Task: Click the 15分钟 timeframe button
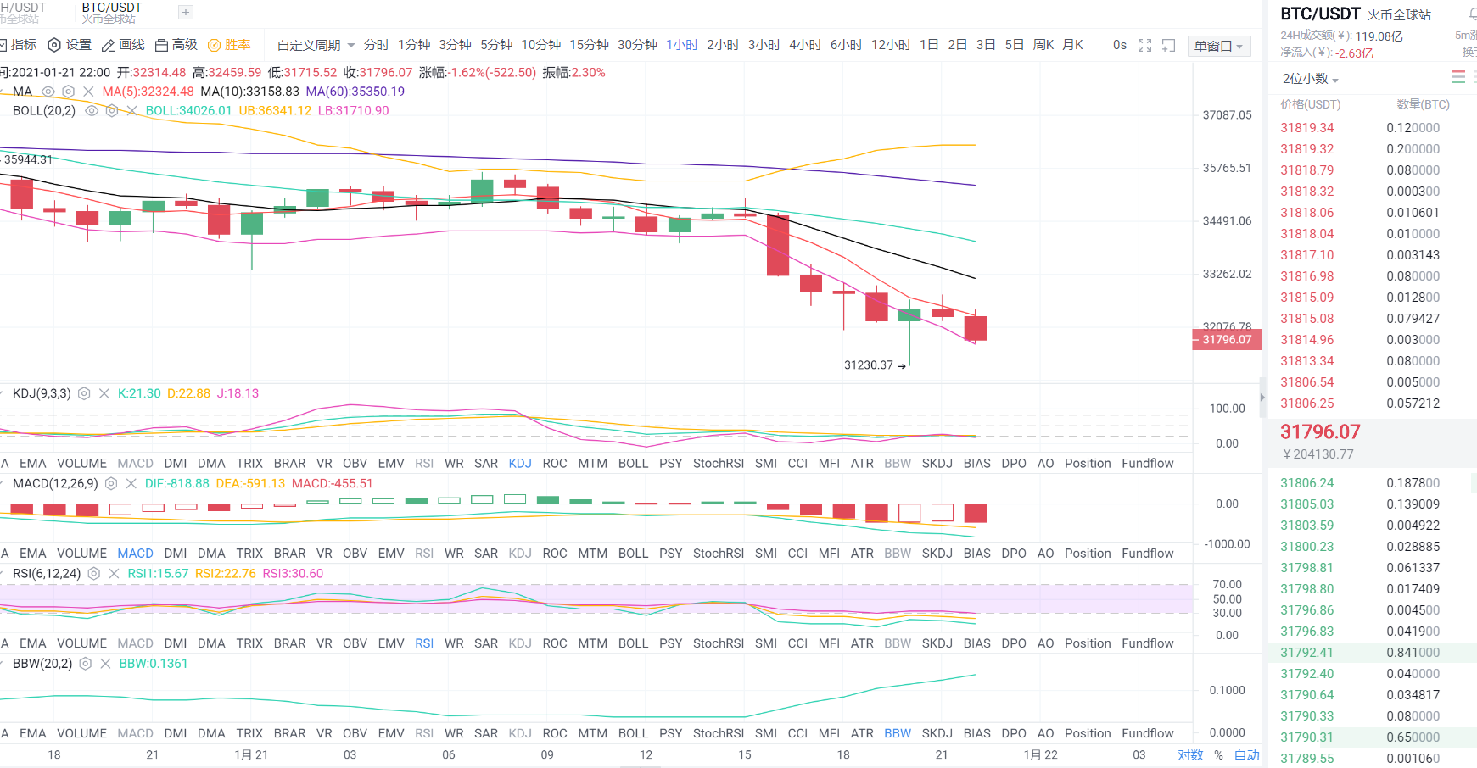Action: (589, 45)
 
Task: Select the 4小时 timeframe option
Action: (805, 45)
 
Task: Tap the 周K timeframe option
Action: (1043, 45)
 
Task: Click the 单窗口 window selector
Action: (1218, 46)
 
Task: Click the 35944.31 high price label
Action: (28, 159)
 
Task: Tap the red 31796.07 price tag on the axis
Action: (1227, 340)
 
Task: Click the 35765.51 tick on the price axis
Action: (1227, 168)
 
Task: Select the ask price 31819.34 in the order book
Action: (1306, 128)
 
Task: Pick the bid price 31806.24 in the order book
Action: (1306, 483)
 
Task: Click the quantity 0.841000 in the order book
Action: (1413, 653)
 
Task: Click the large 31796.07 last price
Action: (1320, 431)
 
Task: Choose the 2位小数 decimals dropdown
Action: (1310, 79)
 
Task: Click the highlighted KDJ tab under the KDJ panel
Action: (520, 464)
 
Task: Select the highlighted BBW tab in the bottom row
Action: (897, 733)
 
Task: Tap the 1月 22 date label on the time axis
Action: (1040, 754)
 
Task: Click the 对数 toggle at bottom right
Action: (1190, 754)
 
